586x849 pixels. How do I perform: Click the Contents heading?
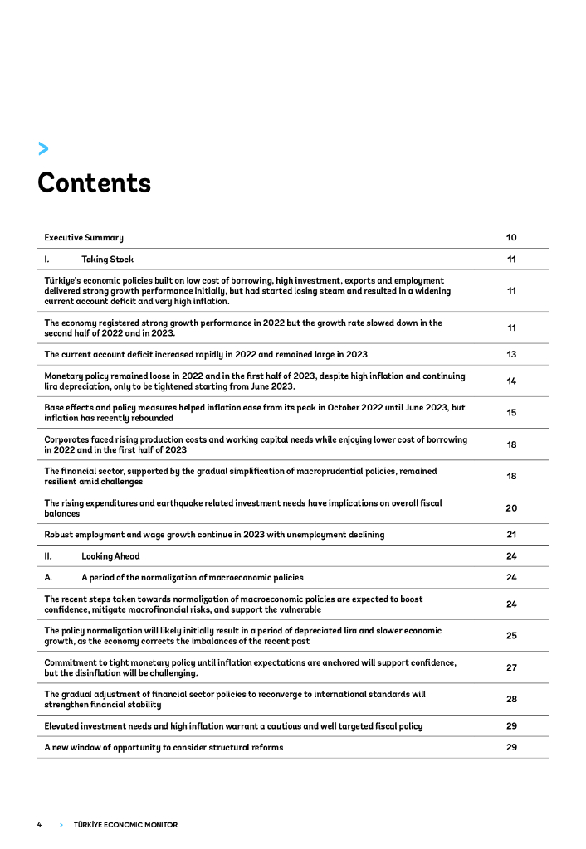94,182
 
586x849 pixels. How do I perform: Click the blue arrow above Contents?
43,148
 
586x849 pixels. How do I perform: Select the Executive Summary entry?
84,238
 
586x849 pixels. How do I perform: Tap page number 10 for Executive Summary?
511,238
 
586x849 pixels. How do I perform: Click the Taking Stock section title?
107,260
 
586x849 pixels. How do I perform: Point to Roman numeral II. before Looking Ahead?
48,556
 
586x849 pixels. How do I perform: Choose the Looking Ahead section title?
110,556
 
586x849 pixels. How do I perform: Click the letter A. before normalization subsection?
48,577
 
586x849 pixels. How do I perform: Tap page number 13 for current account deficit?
511,354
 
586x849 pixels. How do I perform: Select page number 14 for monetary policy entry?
511,381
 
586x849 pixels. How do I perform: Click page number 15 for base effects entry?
511,412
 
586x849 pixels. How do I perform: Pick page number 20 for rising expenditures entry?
511,507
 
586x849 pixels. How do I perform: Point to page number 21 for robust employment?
511,535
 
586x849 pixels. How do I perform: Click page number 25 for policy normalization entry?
511,636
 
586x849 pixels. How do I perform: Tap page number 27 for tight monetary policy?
511,667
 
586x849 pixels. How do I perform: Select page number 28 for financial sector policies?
511,699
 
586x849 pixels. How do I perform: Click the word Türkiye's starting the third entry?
65,281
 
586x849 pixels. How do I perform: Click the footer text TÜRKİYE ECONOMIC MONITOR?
125,825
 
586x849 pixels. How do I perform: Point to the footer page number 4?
39,825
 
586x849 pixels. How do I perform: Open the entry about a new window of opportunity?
164,747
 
